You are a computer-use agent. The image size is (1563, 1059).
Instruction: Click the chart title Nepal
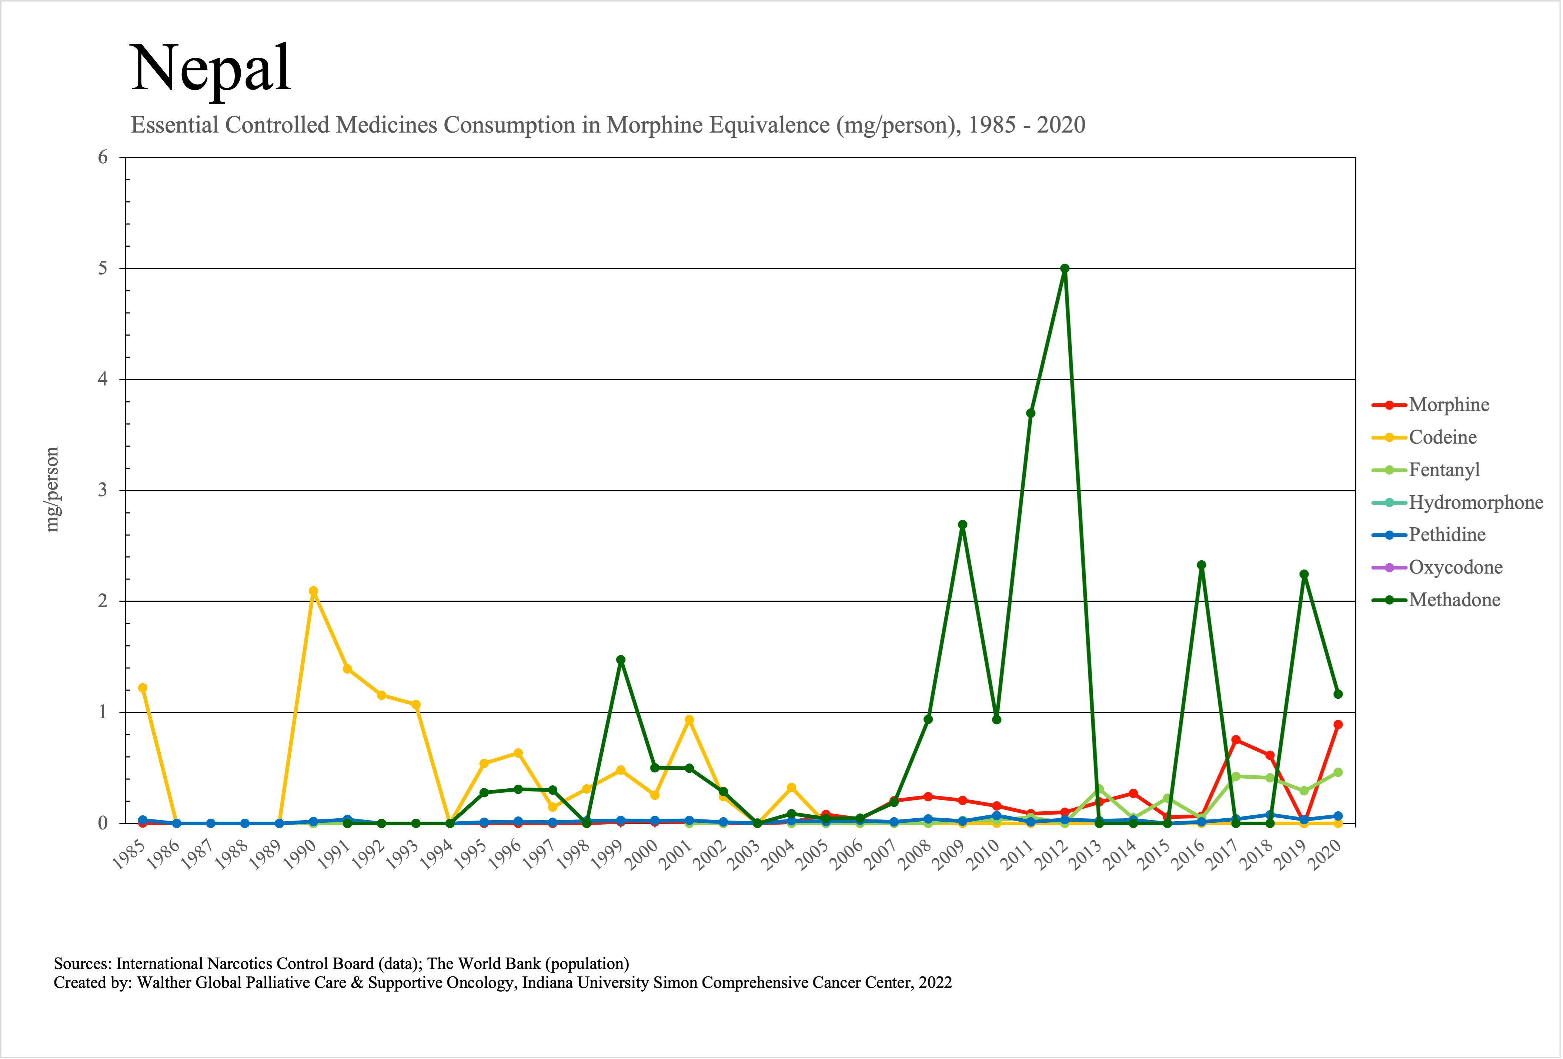(210, 69)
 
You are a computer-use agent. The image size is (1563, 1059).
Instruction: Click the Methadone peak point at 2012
(1065, 269)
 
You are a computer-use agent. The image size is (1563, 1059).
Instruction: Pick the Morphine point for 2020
(1338, 725)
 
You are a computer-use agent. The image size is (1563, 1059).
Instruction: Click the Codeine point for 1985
(143, 688)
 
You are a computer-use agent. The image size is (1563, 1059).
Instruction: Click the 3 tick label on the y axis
(103, 490)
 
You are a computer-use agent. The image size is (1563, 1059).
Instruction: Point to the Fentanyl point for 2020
(1338, 772)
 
